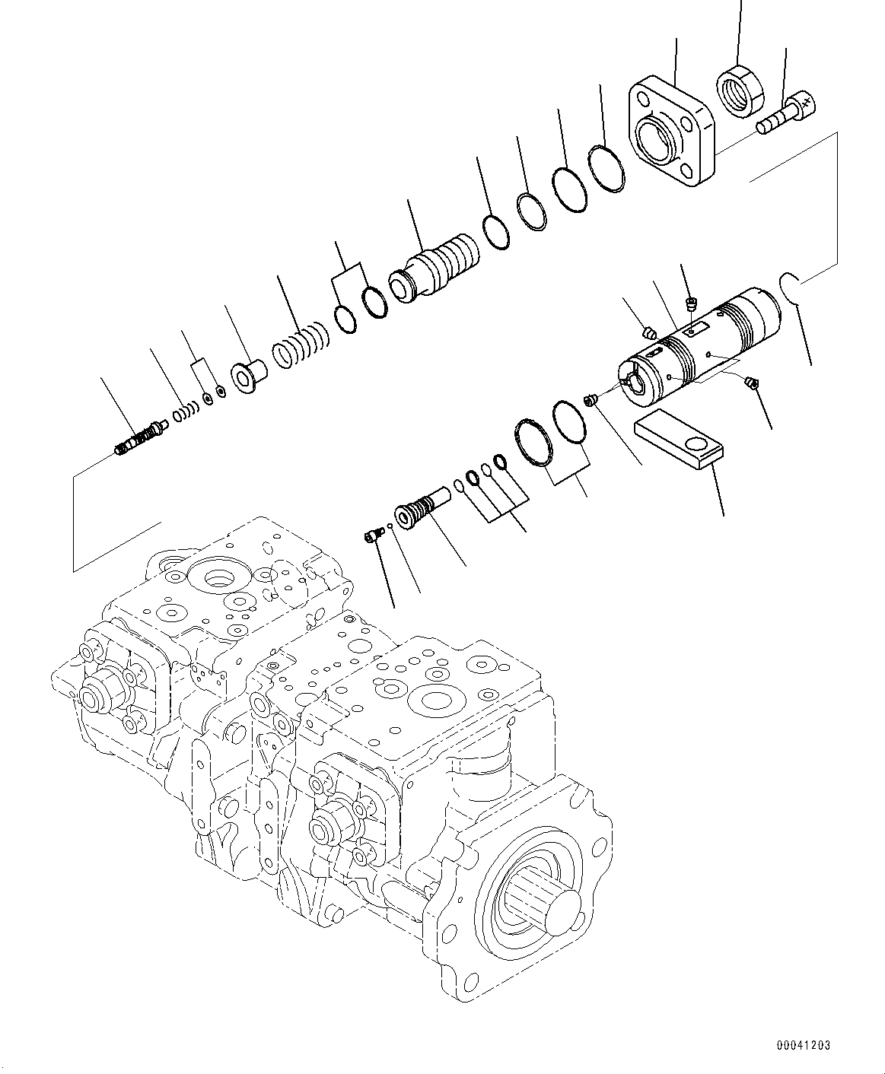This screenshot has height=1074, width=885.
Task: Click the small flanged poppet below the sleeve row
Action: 419,507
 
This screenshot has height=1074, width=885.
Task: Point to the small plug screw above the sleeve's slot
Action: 691,305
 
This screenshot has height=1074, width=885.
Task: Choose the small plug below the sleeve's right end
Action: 752,383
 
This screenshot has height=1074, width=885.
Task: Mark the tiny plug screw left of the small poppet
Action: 371,537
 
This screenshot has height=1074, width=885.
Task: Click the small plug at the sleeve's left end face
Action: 590,399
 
